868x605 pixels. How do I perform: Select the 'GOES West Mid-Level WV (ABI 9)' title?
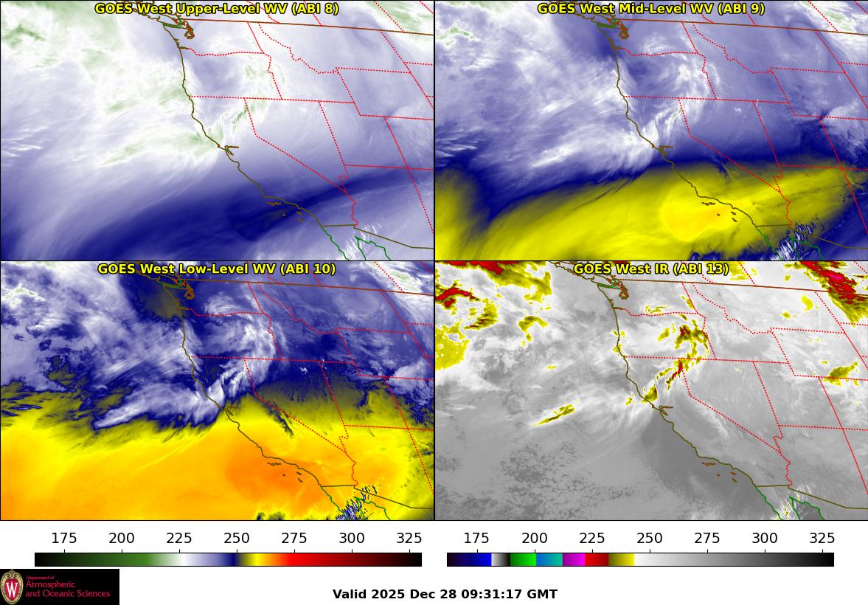pyautogui.click(x=650, y=9)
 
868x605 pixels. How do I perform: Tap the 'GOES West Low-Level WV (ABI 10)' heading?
pyautogui.click(x=216, y=269)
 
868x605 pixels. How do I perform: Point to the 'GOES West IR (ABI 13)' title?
pyautogui.click(x=650, y=269)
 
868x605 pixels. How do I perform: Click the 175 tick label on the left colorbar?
pyautogui.click(x=64, y=538)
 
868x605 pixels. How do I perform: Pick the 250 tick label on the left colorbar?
pyautogui.click(x=237, y=538)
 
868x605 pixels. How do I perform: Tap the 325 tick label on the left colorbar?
pyautogui.click(x=409, y=538)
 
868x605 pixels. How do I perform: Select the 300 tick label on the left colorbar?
pyautogui.click(x=352, y=538)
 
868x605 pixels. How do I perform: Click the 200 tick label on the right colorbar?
pyautogui.click(x=535, y=538)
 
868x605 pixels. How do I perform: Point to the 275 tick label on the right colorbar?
pyautogui.click(x=707, y=538)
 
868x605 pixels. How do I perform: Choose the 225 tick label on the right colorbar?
pyautogui.click(x=592, y=538)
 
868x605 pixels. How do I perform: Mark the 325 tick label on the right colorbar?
pyautogui.click(x=822, y=538)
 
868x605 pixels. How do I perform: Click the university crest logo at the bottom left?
pyautogui.click(x=12, y=587)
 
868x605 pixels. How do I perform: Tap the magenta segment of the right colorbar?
pyautogui.click(x=573, y=559)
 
